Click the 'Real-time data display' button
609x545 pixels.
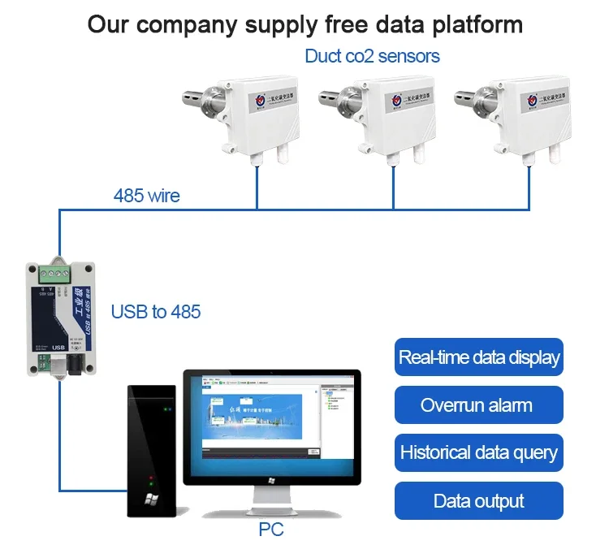pyautogui.click(x=478, y=357)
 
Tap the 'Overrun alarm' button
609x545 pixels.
pyautogui.click(x=478, y=405)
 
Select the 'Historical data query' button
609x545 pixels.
pyautogui.click(x=478, y=452)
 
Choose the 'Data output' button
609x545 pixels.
pyautogui.click(x=478, y=500)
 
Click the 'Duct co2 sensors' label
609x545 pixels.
pyautogui.click(x=372, y=56)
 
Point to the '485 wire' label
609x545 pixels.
pyautogui.click(x=146, y=196)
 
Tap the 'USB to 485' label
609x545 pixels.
pyautogui.click(x=155, y=311)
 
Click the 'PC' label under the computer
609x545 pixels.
pyautogui.click(x=271, y=530)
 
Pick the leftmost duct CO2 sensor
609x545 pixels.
pyautogui.click(x=244, y=114)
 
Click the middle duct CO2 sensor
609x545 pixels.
pyautogui.click(x=382, y=114)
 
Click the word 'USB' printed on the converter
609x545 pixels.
pyautogui.click(x=57, y=348)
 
